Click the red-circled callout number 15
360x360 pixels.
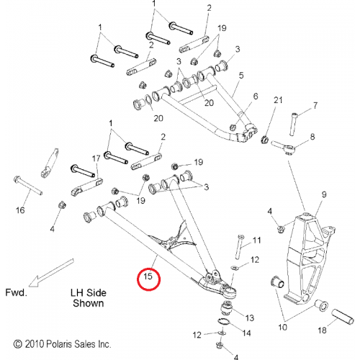click(148, 276)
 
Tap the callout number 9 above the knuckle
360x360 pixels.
click(324, 194)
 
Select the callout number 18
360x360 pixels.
click(322, 330)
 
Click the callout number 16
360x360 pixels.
click(20, 210)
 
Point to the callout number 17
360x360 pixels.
click(96, 158)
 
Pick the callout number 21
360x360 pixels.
click(278, 100)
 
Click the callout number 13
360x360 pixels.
click(250, 318)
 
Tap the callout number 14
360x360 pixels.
click(246, 333)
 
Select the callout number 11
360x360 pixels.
click(256, 240)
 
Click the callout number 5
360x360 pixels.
click(241, 76)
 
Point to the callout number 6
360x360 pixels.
click(256, 96)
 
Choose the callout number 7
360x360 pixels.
click(315, 105)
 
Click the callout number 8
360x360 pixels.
click(312, 137)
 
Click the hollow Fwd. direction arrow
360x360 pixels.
click(51, 273)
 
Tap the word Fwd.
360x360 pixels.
click(16, 292)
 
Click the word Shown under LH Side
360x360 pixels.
click(89, 303)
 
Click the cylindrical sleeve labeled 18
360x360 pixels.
click(343, 317)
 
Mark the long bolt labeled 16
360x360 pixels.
click(28, 186)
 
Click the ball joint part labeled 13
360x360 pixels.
click(227, 307)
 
